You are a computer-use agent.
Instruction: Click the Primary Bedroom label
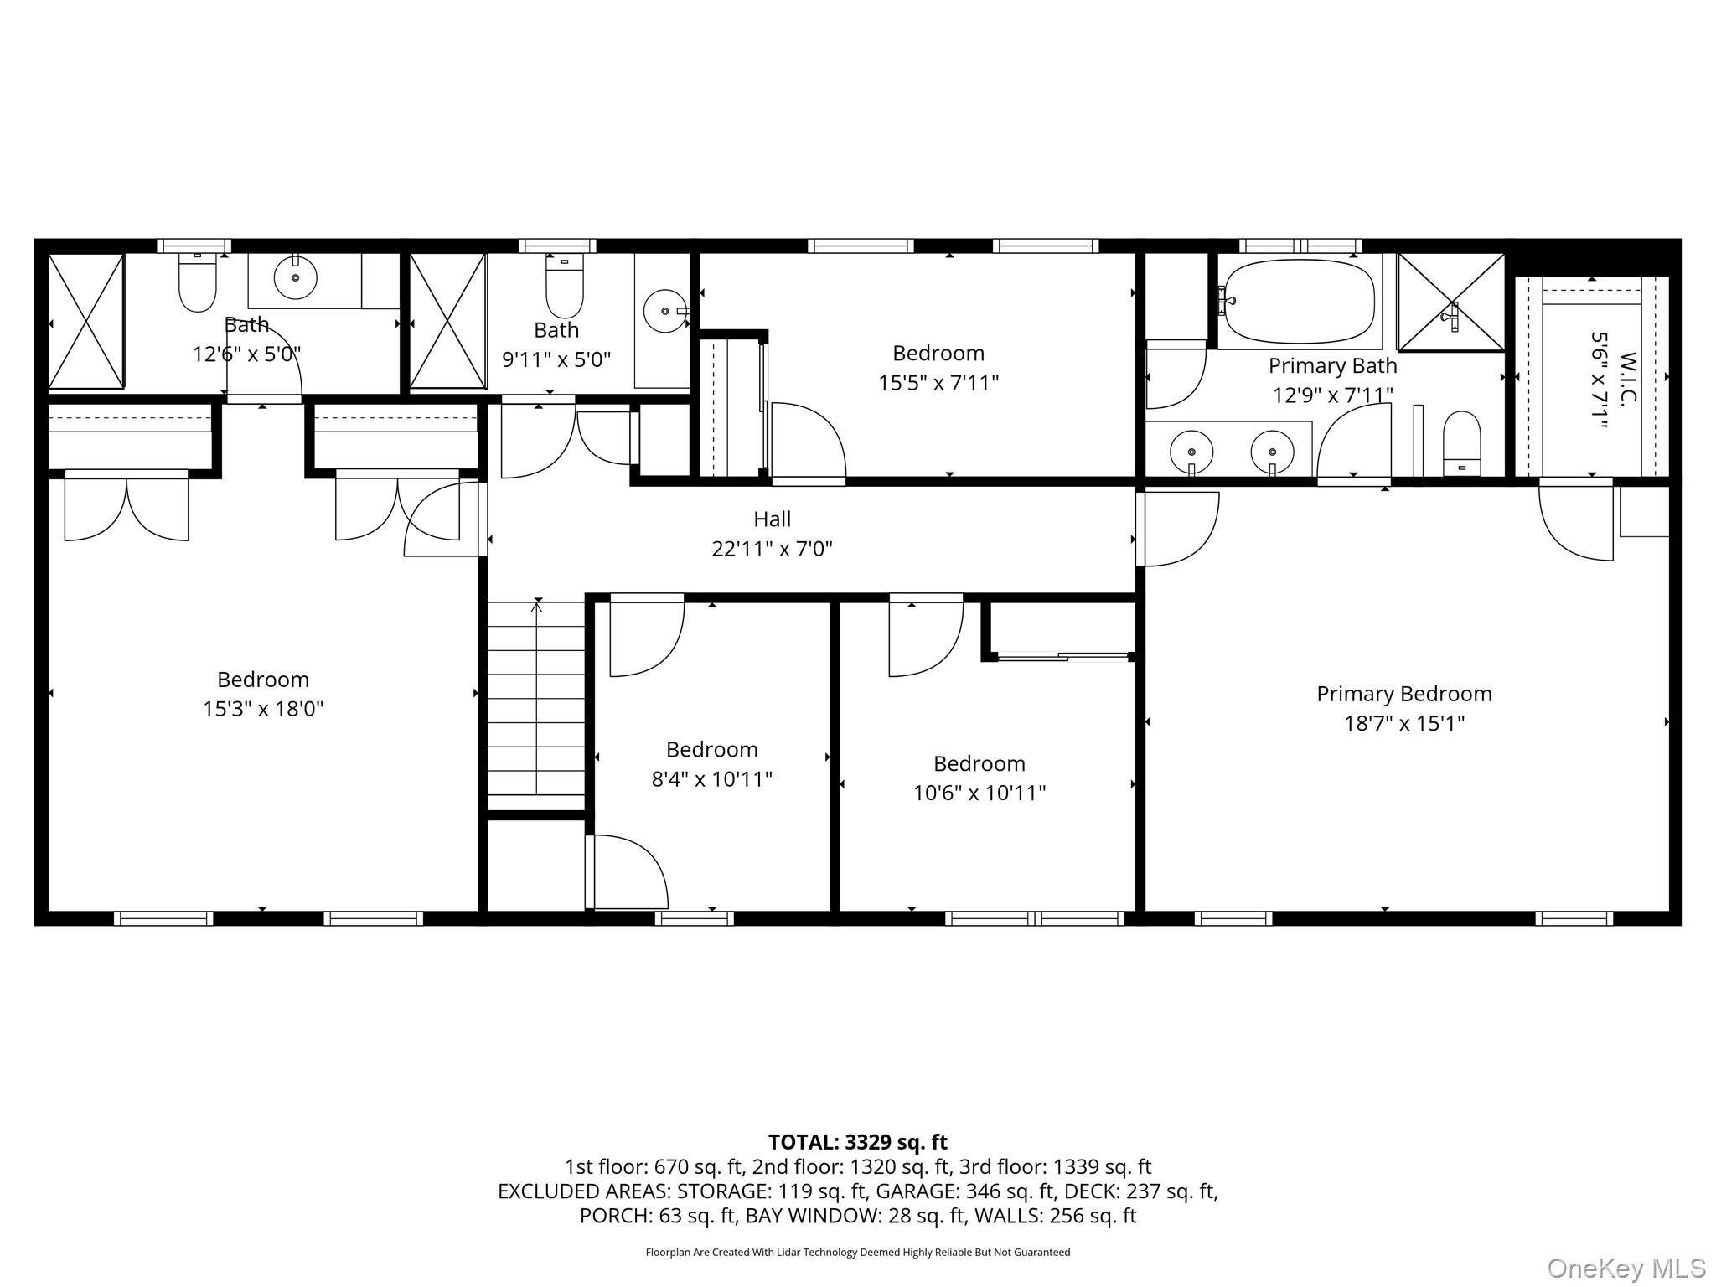[x=1403, y=694]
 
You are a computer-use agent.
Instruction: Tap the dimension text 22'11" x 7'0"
[x=772, y=549]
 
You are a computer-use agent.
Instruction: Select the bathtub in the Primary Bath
[x=1299, y=302]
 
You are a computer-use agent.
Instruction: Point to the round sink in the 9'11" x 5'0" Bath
[x=664, y=311]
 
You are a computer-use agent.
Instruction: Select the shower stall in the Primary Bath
[x=1450, y=302]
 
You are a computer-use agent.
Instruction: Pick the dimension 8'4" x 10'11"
[x=711, y=779]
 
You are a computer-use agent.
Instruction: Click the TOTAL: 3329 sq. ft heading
[x=857, y=1142]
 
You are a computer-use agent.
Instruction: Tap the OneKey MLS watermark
[x=1626, y=1268]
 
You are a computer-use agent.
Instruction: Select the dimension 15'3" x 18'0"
[x=263, y=709]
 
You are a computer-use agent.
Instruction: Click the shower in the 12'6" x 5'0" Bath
[x=86, y=322]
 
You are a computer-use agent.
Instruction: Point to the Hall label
[x=772, y=519]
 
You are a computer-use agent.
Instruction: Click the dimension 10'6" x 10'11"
[x=979, y=793]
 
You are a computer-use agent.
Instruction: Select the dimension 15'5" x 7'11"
[x=938, y=383]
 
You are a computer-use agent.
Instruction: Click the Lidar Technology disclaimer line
[x=857, y=1253]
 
